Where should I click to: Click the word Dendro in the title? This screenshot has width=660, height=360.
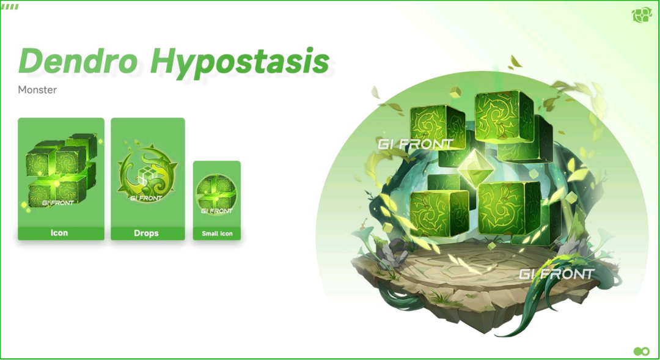78,61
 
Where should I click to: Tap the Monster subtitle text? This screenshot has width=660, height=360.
37,90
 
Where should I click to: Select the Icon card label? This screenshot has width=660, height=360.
59,233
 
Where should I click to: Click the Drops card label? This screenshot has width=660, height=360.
146,233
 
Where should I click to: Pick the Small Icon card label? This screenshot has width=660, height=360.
217,233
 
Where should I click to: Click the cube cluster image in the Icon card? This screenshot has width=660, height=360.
62,171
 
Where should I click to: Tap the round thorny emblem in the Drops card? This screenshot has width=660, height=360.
147,171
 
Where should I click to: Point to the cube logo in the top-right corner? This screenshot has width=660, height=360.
642,15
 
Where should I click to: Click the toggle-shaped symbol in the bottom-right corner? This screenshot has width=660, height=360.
642,351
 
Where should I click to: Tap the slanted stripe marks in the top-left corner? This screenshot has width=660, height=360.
10,7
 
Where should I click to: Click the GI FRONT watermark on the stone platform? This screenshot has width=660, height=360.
557,274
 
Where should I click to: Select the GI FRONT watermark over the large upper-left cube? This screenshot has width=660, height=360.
416,144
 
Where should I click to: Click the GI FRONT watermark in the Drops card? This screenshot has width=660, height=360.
146,198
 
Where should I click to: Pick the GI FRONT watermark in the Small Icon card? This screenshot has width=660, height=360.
217,210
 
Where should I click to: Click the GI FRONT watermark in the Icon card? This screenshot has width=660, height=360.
58,202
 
